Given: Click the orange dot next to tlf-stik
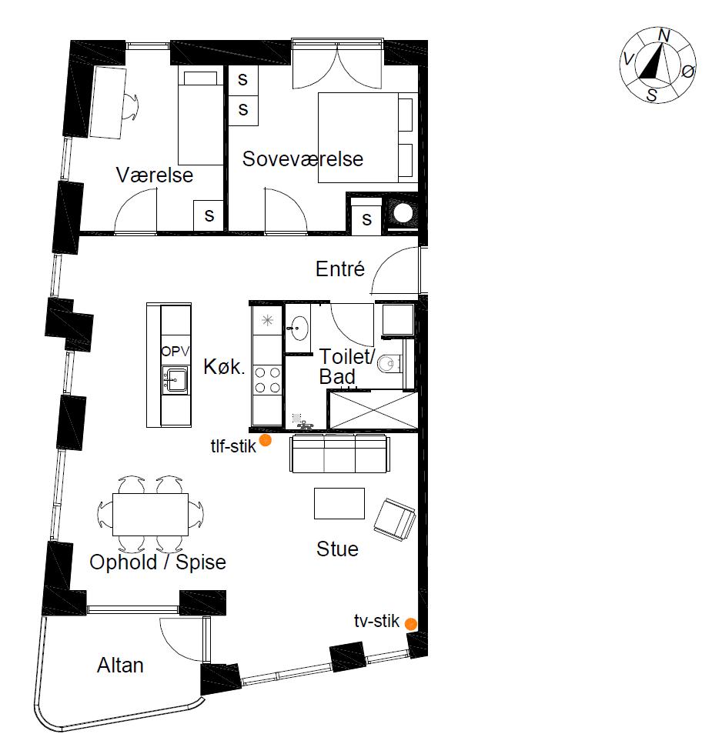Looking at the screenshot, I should pos(265,441).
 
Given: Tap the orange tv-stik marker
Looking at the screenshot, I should pos(411,624).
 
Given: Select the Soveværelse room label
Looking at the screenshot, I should pos(303,159).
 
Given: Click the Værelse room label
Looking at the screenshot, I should pos(154,175).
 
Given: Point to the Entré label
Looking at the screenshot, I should pos(339,269).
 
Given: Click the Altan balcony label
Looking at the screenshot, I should pos(120,665).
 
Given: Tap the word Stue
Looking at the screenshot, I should pos(337,549).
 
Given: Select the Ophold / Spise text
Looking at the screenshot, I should pos(158,562).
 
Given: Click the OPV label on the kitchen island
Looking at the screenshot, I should pos(175,351).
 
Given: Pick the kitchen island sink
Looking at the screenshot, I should pos(175,378).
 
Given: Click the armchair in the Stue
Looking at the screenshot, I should pos(395,518).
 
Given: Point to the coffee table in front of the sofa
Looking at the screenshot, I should pos(339,503).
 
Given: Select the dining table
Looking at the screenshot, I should pos(150,514).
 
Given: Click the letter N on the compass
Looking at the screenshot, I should pos(664,35).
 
